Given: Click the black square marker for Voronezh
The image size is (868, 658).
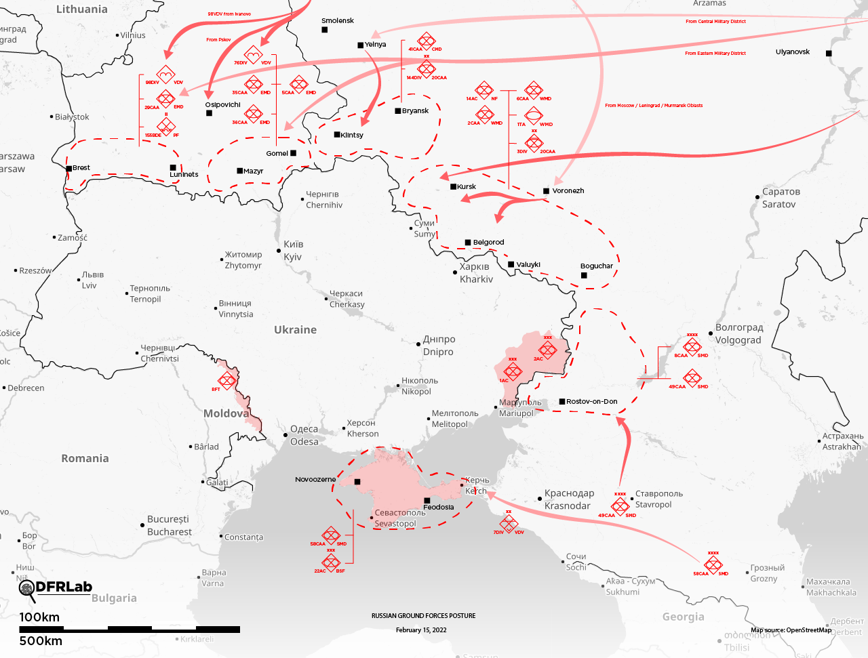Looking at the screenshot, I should pos(546,191).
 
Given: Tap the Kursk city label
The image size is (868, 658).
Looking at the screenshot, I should pos(467,187).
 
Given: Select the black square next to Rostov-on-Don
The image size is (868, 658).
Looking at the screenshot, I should pos(562,402).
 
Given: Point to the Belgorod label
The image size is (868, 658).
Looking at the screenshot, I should pos(488,243).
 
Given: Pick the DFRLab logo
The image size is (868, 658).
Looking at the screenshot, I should pos(56,589).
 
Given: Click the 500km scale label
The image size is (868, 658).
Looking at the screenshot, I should pos(41,641).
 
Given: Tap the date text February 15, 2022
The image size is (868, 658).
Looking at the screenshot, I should pos(421,630).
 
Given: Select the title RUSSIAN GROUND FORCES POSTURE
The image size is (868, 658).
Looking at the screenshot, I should pos(423,616).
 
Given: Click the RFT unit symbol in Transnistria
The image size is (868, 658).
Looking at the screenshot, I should pos(226,379).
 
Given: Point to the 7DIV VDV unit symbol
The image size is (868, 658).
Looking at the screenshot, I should pos(509,523).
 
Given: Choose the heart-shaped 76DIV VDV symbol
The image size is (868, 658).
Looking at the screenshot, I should pos(253,56).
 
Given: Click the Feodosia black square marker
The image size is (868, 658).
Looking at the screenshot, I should pos(427,501).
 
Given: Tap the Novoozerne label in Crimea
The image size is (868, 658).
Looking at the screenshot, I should pos(315,480).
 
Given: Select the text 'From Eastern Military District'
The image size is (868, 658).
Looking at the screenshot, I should pos(715,54).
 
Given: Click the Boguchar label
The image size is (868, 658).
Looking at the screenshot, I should pos(596,266).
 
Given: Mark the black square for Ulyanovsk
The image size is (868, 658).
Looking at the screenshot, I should pos(829,53).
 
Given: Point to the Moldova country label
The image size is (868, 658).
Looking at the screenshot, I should pos(226,413).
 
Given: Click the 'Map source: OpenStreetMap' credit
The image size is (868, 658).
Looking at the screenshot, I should pos(791,630).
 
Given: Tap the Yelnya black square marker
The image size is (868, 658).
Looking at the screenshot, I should pos(361,45).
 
